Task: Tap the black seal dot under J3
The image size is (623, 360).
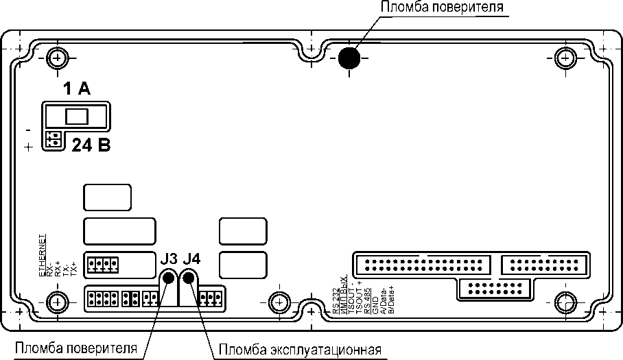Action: (168, 278)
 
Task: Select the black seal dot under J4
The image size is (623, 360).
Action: (188, 278)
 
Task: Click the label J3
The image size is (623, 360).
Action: (169, 259)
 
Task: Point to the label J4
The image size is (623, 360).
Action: (192, 259)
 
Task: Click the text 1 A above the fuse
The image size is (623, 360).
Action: (76, 88)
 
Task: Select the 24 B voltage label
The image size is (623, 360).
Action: (91, 145)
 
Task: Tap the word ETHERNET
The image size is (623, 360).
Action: (42, 255)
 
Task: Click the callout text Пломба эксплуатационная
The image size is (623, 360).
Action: (301, 350)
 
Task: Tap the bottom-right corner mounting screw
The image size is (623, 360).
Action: (566, 302)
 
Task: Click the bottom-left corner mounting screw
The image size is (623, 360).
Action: (57, 302)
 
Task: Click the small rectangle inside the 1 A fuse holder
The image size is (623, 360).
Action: (77, 116)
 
